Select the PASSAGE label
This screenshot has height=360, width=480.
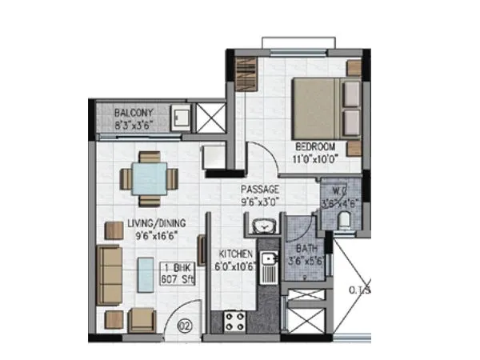(x=261, y=190)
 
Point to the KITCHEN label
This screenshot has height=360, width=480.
(x=236, y=254)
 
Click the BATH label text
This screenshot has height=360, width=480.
(x=306, y=250)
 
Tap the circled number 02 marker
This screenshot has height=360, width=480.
(x=185, y=326)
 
